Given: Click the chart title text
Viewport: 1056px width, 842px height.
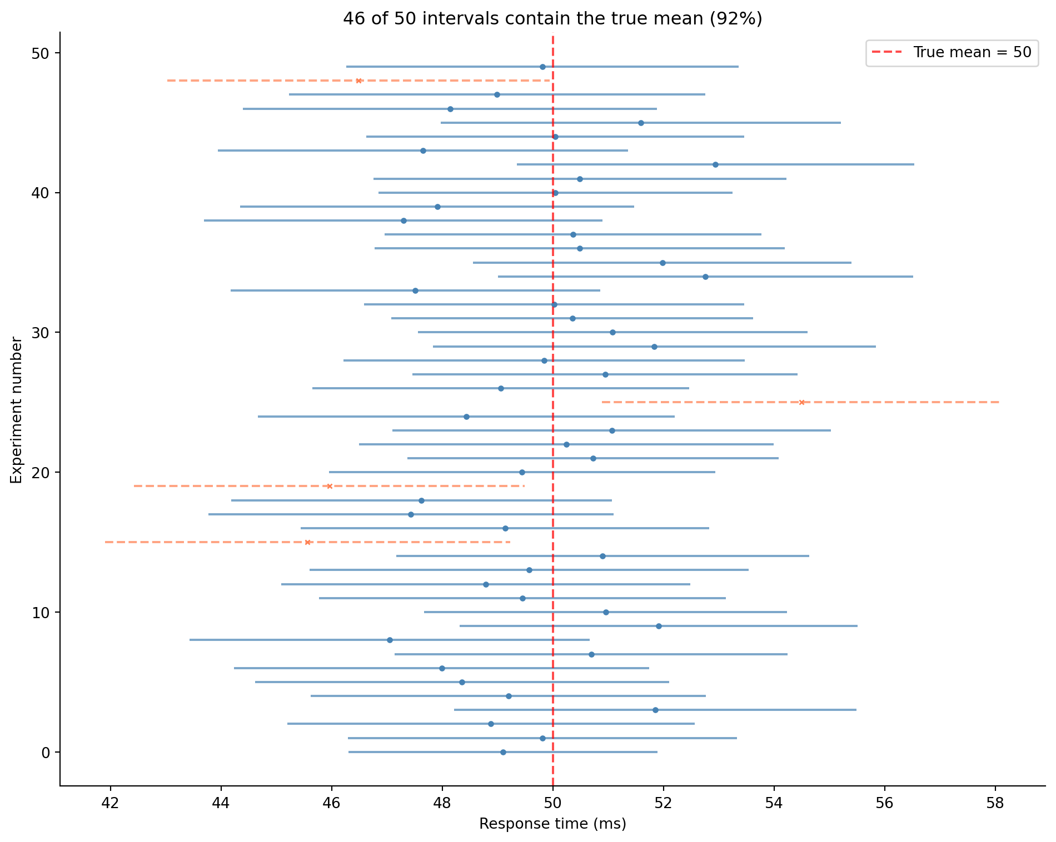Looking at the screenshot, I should [552, 19].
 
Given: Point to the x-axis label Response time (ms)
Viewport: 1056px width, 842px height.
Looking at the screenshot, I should [552, 824].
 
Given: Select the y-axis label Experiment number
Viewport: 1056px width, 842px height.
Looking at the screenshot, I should [17, 410].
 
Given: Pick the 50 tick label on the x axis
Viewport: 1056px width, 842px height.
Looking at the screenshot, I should [552, 803].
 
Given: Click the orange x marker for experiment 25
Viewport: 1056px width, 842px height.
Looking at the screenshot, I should [801, 402].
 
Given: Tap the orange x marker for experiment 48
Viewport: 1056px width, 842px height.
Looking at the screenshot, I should [358, 81].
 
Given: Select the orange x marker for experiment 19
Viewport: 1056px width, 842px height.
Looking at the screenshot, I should [329, 486].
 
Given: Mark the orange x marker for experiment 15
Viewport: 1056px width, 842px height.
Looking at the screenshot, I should [307, 542].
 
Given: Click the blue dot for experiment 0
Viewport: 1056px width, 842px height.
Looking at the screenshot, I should [503, 752].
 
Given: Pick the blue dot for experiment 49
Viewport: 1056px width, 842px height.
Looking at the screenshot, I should [542, 67].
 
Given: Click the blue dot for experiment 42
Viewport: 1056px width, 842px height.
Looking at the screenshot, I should [715, 164].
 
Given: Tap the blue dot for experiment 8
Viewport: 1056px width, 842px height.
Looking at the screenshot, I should [390, 640].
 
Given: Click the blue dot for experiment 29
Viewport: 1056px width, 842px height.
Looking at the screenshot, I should [654, 347].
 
